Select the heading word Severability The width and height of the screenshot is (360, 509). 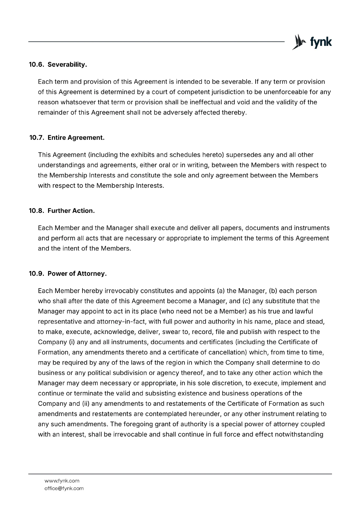67,65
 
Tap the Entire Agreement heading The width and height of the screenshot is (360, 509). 76,138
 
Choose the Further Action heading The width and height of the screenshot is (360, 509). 71,211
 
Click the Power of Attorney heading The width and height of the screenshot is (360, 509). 77,274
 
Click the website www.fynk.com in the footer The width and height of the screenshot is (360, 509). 62,481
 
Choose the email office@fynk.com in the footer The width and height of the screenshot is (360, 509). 64,488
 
